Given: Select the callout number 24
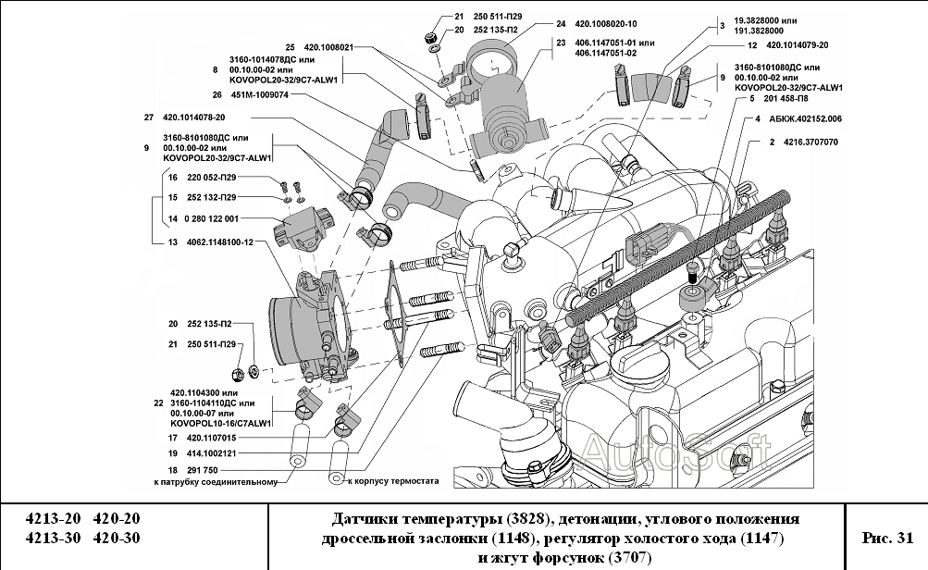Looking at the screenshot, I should click(x=561, y=24).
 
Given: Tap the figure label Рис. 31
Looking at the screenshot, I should click(x=887, y=537).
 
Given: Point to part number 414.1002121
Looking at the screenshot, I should click(x=212, y=454).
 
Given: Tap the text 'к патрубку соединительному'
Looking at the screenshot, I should click(x=216, y=482).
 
